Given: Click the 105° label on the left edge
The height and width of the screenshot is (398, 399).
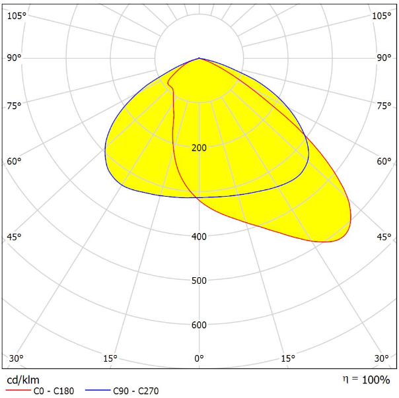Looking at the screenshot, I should click(17, 16).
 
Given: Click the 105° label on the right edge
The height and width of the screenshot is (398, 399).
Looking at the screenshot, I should click(381, 16).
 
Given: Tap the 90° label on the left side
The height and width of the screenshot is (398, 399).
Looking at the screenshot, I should click(15, 58).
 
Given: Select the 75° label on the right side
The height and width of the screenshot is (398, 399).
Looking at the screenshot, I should click(384, 106).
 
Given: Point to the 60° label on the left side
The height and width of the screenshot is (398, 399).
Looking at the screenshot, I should click(15, 161).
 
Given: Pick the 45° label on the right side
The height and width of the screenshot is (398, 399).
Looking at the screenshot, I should click(384, 237).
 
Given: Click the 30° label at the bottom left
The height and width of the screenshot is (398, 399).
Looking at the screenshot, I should click(17, 358).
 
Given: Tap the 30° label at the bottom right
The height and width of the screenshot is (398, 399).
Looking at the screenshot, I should click(381, 358).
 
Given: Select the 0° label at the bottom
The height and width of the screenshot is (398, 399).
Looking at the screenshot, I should click(199, 358).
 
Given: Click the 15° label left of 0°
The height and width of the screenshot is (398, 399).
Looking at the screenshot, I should click(110, 358).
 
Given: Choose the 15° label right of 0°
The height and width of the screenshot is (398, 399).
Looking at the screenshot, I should click(287, 358).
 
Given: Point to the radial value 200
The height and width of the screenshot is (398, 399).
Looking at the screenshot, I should click(199, 148).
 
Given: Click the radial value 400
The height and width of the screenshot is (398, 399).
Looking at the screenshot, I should click(199, 236).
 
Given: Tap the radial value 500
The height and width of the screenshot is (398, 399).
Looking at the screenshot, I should click(199, 281).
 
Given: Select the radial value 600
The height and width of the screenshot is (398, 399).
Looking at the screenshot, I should click(199, 325).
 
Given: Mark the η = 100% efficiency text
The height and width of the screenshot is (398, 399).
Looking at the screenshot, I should click(367, 380).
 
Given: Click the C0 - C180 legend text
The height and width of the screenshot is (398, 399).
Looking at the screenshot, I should click(54, 391).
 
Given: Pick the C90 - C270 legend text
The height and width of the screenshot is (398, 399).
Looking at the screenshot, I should click(136, 391).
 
